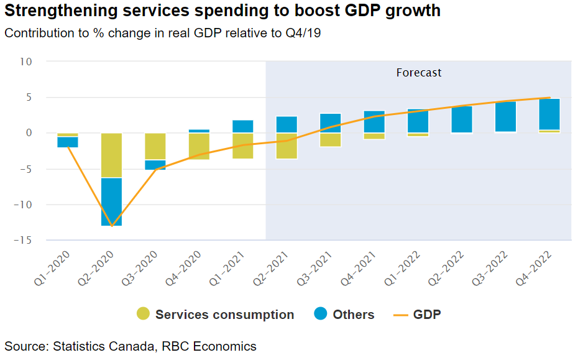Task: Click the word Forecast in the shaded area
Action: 418,73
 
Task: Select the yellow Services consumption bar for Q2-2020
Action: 112,155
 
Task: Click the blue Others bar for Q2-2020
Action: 112,201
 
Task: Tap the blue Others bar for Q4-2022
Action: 549,114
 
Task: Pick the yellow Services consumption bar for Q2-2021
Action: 287,146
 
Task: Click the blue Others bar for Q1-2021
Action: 243,126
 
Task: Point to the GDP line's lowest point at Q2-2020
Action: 112,226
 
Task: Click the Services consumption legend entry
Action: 224,315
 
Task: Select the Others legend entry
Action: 353,315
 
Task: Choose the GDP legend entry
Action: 426,315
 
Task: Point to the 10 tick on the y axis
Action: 25,62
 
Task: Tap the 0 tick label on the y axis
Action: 29,133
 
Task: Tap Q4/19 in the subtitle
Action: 302,33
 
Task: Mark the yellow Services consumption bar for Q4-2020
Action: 199,146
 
